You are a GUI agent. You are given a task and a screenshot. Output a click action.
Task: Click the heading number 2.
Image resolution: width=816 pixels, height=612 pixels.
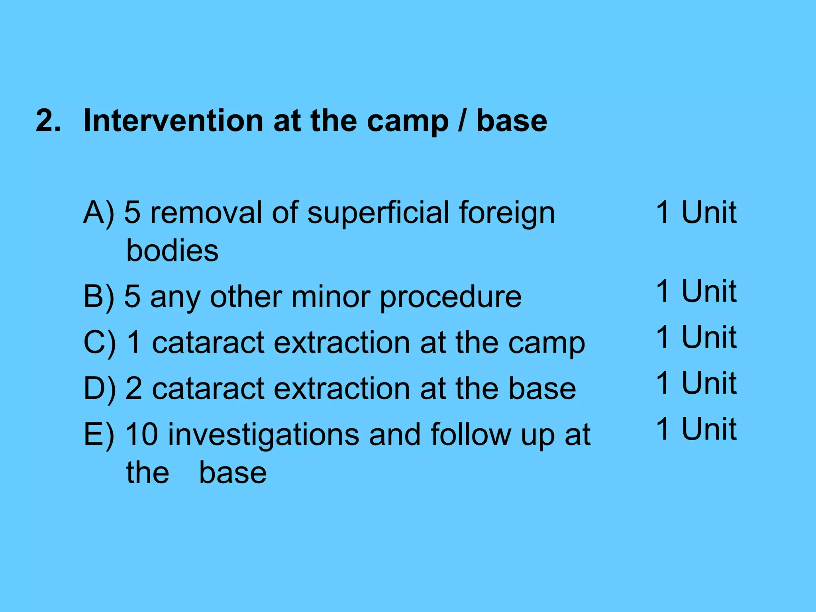[x=48, y=120]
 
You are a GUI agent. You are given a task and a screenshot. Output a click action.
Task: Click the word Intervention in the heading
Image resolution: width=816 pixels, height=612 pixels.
[x=173, y=120]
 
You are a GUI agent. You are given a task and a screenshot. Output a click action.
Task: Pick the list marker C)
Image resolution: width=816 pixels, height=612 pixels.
[x=99, y=343]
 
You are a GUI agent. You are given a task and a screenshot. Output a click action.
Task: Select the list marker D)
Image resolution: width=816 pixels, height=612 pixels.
[x=99, y=389]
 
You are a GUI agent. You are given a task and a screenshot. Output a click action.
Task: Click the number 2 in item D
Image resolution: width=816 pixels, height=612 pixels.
[x=133, y=388]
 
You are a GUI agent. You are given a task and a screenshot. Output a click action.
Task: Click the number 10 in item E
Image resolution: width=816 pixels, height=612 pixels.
[x=142, y=434]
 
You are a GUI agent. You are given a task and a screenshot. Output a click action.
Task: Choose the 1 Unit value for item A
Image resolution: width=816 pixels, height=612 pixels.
[x=696, y=212]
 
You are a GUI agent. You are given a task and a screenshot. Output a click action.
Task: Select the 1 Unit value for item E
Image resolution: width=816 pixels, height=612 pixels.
[x=696, y=429]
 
